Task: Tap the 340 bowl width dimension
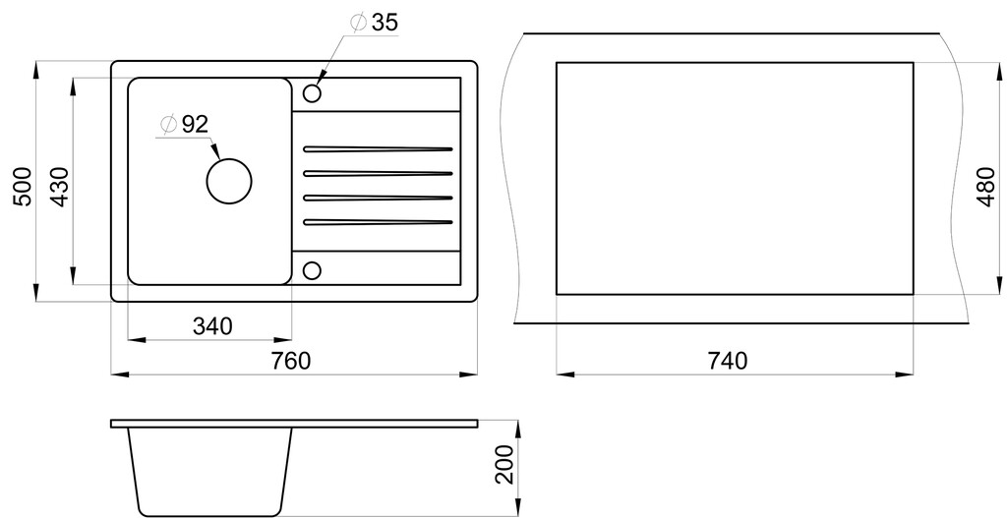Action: (x=212, y=326)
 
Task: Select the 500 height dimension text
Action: (x=22, y=186)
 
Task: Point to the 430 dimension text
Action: (x=59, y=186)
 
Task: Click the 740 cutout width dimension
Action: (x=728, y=361)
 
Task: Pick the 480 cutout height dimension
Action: (x=986, y=187)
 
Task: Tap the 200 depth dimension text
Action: (x=505, y=464)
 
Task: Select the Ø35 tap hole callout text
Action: (x=375, y=23)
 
